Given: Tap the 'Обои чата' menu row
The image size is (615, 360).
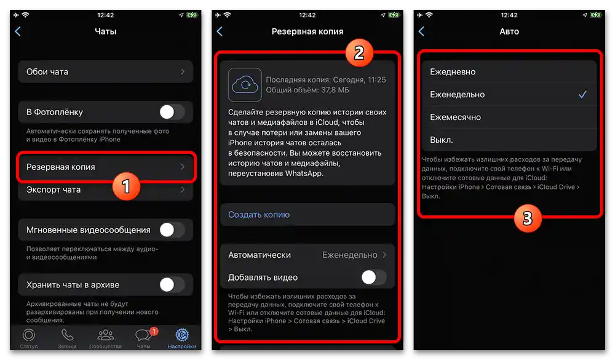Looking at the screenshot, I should [x=105, y=72].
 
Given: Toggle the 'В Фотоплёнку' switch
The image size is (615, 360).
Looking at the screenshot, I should [x=172, y=112].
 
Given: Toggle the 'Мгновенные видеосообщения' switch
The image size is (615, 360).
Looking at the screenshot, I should [x=172, y=230].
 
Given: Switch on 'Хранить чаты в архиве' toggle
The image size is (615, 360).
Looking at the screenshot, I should [x=172, y=285].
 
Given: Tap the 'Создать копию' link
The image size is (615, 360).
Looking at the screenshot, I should [x=259, y=215].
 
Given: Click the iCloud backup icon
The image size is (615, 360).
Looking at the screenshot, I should [x=245, y=84].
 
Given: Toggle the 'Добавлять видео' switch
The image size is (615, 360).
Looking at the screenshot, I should [x=373, y=278].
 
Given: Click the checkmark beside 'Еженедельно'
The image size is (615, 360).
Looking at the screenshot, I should [x=582, y=95].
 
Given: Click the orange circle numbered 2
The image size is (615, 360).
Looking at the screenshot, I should [x=359, y=53].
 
